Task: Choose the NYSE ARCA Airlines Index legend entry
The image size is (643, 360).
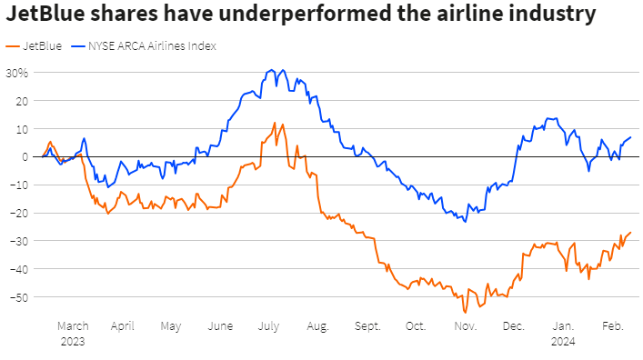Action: click(151, 45)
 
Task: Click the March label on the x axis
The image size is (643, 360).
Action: click(72, 325)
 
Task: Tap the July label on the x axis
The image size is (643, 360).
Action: click(268, 325)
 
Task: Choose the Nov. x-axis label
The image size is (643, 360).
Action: click(465, 325)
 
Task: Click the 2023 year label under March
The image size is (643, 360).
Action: click(72, 341)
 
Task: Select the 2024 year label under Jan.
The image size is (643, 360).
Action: click(564, 341)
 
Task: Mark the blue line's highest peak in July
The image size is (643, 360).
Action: click(270, 69)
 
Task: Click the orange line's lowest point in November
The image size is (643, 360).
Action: click(465, 312)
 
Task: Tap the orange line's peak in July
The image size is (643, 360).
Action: click(275, 123)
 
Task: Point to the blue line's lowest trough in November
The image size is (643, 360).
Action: click(466, 221)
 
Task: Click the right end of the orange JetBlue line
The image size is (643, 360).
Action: click(630, 233)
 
